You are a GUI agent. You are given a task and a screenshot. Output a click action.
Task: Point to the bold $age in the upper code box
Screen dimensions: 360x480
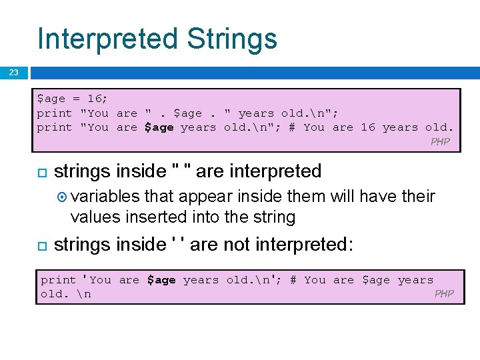[159, 127]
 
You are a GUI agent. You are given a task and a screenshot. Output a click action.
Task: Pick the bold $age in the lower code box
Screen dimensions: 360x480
[162, 280]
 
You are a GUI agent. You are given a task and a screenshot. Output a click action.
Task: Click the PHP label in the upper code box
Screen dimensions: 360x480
[440, 141]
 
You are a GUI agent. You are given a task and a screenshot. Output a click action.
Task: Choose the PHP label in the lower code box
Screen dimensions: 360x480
[444, 294]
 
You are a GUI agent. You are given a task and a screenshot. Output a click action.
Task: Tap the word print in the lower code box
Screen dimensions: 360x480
[59, 280]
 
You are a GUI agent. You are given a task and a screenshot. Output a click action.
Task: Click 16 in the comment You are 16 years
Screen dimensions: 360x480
[368, 127]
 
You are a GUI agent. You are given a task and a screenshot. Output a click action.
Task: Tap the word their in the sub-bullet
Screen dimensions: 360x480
[418, 197]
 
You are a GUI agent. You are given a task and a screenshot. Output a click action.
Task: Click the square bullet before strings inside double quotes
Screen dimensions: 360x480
[41, 173]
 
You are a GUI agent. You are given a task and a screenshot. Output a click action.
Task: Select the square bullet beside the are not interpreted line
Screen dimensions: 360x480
[41, 246]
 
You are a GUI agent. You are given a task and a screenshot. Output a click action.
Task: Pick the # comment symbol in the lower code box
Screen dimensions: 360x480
[293, 280]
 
